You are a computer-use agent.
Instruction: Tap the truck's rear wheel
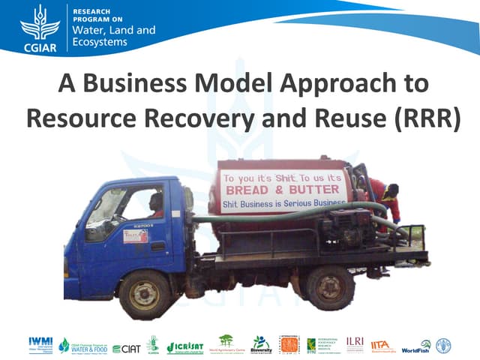point(328,284)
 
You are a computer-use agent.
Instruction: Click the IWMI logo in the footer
point(40,343)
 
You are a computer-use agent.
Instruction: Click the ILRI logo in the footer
point(355,343)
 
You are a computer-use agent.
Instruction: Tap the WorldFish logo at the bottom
point(416,346)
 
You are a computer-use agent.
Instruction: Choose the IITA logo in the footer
point(382,346)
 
